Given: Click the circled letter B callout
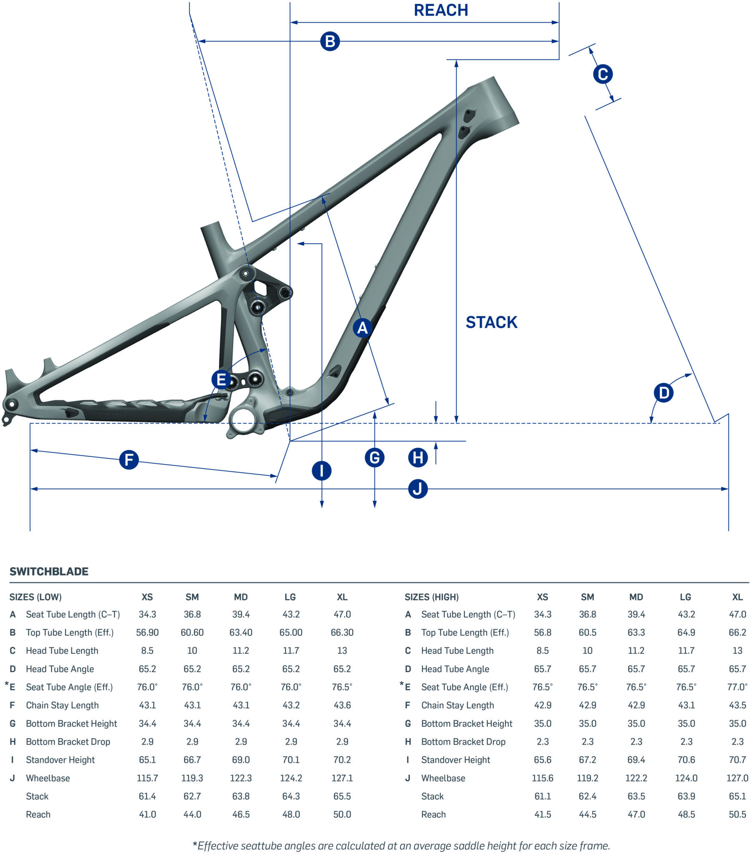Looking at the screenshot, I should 330,41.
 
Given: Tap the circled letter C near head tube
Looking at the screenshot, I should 603,74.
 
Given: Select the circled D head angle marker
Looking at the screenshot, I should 663,393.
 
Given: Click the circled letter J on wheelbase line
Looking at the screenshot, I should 417,489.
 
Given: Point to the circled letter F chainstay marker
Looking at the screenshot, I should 129,460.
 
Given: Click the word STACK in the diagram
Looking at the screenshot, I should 492,323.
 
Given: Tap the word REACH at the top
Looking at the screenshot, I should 441,10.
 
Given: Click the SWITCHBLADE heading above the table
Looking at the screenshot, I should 49,572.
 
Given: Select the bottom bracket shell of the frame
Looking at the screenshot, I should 242,422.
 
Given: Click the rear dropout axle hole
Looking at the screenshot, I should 11,404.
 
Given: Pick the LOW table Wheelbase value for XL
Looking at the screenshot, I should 342,778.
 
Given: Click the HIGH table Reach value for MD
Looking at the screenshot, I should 636,814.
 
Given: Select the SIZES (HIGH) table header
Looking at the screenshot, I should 431,597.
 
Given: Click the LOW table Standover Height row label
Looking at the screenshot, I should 60,760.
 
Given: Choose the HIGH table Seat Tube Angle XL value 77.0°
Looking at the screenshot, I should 737,687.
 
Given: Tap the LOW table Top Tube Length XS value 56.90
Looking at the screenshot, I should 147,633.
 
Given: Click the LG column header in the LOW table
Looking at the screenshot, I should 290,597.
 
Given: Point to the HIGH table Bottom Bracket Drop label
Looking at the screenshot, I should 463,741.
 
